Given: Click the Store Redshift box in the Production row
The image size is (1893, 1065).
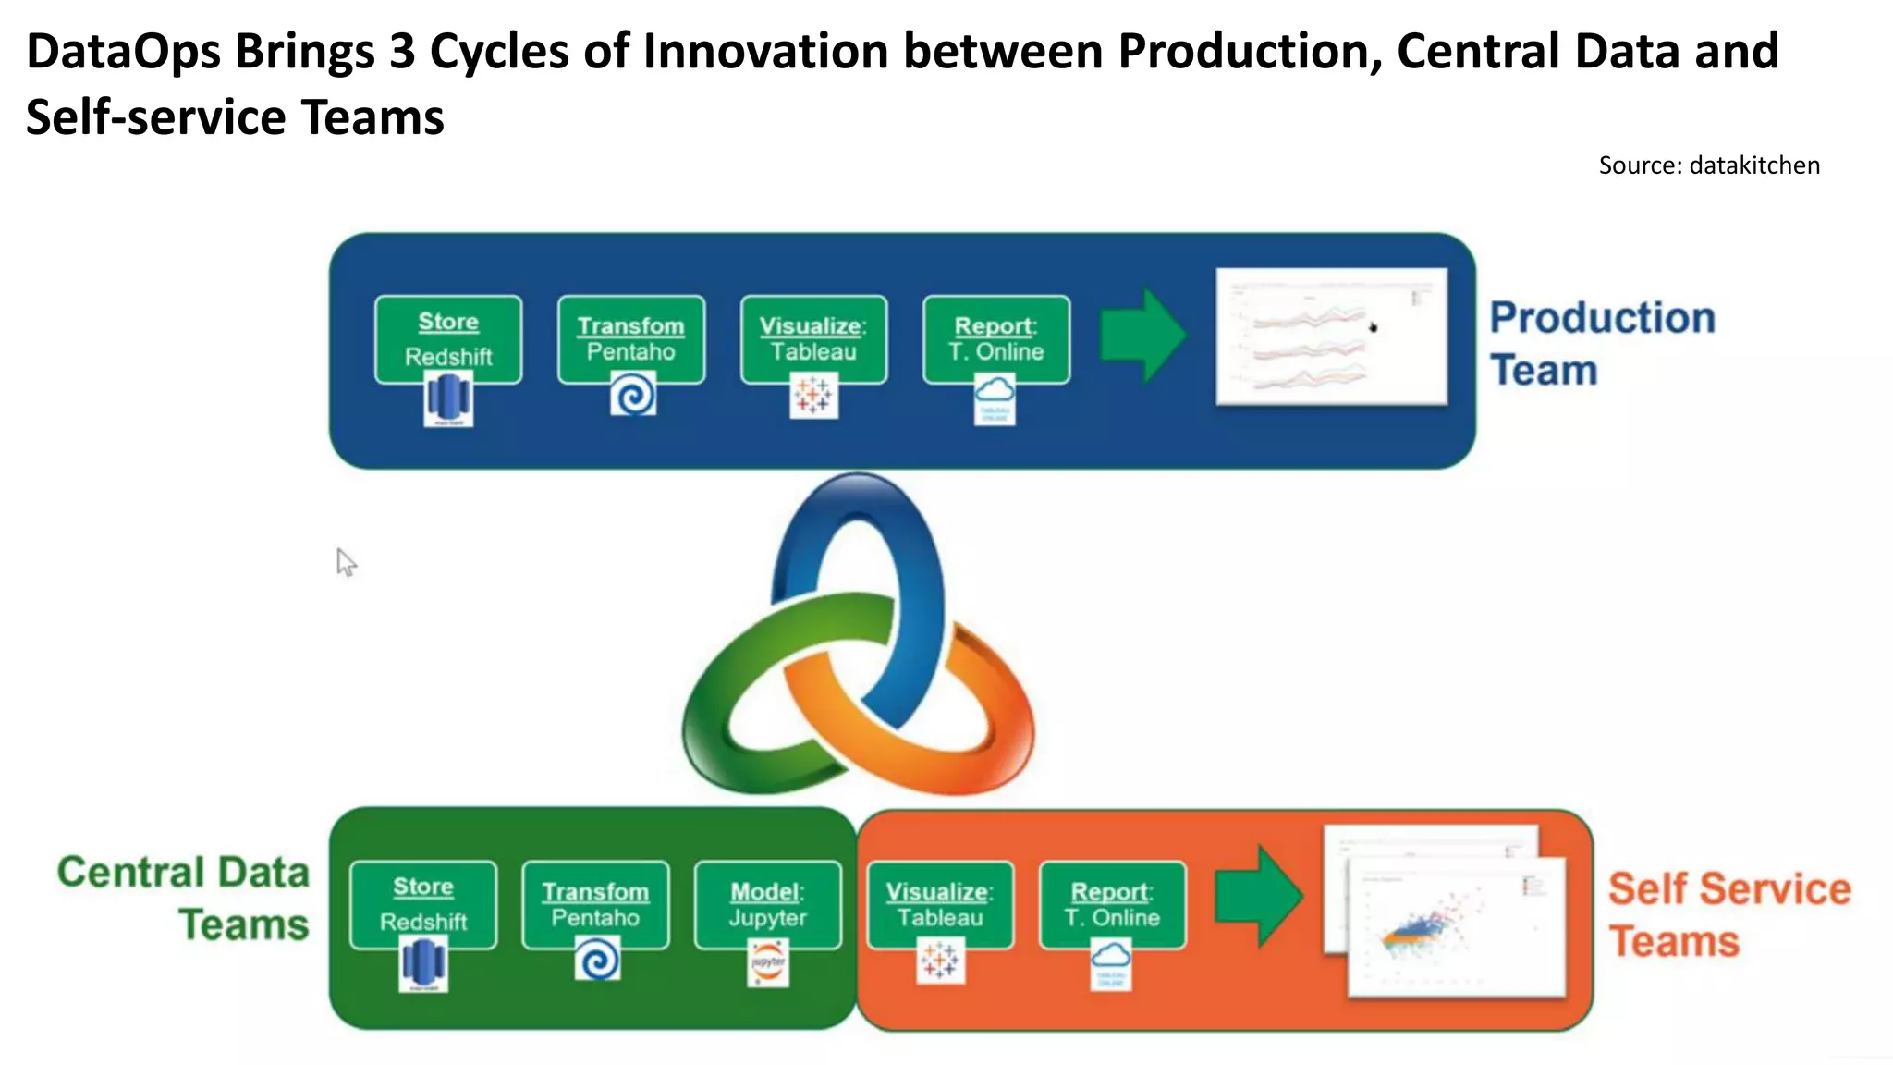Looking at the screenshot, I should pos(448,339).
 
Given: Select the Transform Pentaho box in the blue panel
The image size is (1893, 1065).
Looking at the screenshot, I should pos(631,339).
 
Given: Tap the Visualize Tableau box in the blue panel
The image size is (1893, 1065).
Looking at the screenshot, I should pos(813,339).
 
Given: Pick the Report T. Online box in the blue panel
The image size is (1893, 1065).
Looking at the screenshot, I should pos(996,339).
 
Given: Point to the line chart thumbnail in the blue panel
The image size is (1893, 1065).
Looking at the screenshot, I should pos(1331,337).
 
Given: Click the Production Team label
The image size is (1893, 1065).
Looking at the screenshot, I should pos(1602,344).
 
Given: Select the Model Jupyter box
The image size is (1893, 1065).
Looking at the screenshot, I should pos(768,905).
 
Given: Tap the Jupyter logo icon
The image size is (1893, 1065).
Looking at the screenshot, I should pos(768,963).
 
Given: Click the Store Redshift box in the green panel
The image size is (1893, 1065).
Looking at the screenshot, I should pos(423,905).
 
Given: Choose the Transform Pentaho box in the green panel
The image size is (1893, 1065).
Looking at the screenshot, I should pos(595,905).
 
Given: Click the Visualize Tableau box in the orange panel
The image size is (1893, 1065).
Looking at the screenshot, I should pos(940,905).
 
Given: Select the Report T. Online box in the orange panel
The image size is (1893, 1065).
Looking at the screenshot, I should pos(1112,905).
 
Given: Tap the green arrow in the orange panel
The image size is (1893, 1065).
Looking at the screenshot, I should pos(1258,897).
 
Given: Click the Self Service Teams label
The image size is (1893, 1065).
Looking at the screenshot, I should pos(1728,914).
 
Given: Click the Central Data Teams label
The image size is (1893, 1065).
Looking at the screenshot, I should pos(183,898).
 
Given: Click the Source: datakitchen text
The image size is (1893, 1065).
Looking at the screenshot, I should pos(1709,165).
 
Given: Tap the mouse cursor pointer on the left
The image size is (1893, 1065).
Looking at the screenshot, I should pos(345,561).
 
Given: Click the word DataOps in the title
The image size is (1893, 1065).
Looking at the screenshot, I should pos(122,52).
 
